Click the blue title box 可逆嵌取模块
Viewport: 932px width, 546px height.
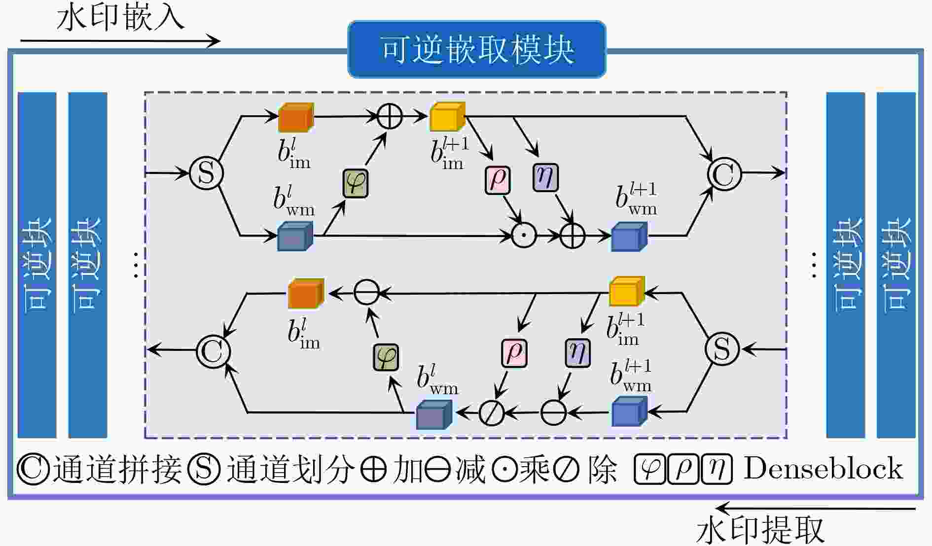(x=476, y=49)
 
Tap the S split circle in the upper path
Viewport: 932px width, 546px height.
(x=206, y=173)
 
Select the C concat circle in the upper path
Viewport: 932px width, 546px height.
(x=724, y=173)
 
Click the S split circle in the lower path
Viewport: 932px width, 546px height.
(x=722, y=349)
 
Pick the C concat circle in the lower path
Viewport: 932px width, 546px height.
(x=213, y=351)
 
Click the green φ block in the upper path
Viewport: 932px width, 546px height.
(x=356, y=184)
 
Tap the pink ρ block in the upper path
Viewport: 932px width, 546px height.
(x=497, y=180)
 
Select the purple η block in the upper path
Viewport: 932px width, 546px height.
(x=545, y=177)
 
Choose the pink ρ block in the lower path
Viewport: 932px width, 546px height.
(x=514, y=353)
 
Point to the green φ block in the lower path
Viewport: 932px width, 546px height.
(x=386, y=357)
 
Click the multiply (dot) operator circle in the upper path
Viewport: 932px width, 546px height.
(x=524, y=236)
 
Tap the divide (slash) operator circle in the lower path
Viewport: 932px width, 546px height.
(x=491, y=412)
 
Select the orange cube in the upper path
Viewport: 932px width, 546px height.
(x=296, y=117)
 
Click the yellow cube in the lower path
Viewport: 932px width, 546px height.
(x=627, y=291)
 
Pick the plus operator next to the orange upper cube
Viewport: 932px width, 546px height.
(x=390, y=117)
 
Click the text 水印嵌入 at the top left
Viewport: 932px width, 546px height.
(x=121, y=18)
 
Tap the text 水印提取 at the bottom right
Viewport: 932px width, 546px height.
(x=760, y=530)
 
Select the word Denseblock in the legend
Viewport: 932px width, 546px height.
(x=823, y=468)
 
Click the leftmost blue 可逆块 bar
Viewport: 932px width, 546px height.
(x=37, y=265)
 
